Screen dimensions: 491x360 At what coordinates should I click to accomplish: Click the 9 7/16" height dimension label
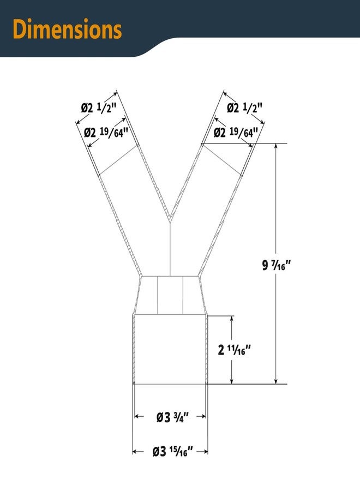click(277, 266)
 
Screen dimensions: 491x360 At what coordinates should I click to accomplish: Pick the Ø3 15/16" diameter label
click(170, 452)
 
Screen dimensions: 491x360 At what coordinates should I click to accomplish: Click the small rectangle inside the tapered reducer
click(170, 295)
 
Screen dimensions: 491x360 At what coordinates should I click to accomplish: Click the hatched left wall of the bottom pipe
click(134, 349)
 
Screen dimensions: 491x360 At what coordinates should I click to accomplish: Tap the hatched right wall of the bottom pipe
click(206, 349)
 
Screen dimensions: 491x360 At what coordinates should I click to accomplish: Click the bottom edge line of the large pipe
click(170, 384)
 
